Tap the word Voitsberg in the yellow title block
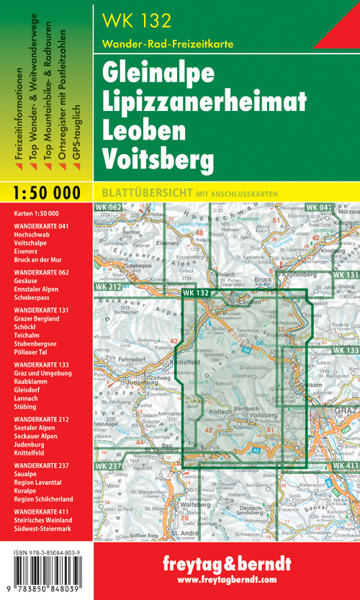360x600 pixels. coord(151,159)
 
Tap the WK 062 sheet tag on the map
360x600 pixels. coord(107,209)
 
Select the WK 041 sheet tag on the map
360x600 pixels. coord(319,208)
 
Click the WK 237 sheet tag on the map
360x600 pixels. coord(107,447)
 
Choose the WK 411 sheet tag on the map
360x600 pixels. coord(346,447)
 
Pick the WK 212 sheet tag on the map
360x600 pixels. coord(107,287)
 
